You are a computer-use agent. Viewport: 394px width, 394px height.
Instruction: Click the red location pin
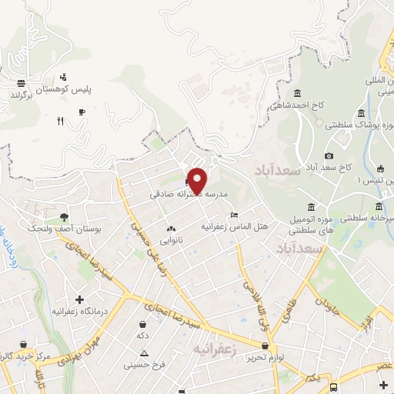pyautogui.click(x=197, y=180)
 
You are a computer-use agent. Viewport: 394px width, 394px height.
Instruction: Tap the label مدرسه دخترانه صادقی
pyautogui.click(x=189, y=195)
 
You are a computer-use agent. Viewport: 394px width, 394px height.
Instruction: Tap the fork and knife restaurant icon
pyautogui.click(x=59, y=120)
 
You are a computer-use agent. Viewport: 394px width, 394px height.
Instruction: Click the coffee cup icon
pyautogui.click(x=82, y=111)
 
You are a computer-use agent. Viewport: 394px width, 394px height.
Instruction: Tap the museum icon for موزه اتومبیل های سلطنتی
pyautogui.click(x=310, y=208)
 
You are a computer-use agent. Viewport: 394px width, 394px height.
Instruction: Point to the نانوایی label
pyautogui.click(x=171, y=240)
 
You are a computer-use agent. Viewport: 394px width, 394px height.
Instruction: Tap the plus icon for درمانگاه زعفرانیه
pyautogui.click(x=79, y=299)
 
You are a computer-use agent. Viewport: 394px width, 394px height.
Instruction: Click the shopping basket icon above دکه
pyautogui.click(x=142, y=324)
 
